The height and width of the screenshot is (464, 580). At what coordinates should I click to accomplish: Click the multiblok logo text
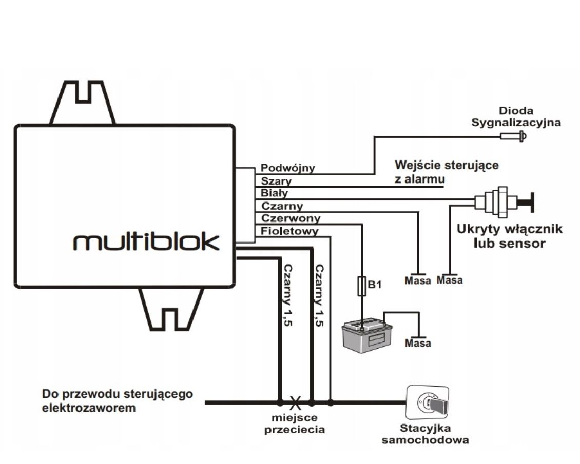point(146,241)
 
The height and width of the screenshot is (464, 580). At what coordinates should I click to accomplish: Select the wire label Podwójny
point(288,168)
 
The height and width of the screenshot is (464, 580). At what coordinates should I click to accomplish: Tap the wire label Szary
point(276,181)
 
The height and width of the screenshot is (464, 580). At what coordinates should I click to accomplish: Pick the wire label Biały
point(275,194)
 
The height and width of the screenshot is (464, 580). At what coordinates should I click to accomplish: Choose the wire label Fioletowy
point(289,231)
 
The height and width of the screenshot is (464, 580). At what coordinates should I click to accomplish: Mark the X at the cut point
point(295,401)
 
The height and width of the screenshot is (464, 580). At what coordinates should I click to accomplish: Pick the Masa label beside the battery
point(418,343)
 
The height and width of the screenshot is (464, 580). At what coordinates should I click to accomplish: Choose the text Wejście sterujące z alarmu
point(446,172)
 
